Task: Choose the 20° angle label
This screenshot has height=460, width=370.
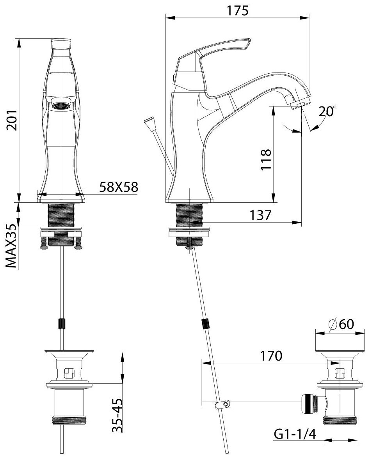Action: tap(326, 112)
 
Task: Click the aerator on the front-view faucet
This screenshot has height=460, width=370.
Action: tap(61, 105)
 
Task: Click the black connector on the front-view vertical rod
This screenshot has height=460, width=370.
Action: tap(61, 324)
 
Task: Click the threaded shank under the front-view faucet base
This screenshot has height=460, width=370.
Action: tap(61, 215)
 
